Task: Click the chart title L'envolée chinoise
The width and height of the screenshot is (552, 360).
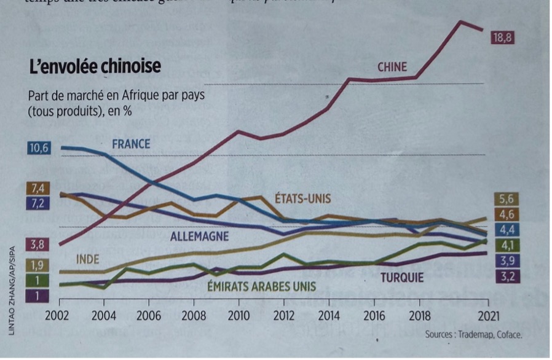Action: [95, 66]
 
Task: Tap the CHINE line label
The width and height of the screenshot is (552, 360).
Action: [392, 66]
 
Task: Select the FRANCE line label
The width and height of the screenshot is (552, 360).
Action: [131, 144]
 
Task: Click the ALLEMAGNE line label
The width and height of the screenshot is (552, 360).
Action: [199, 236]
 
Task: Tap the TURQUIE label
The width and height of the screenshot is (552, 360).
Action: [402, 278]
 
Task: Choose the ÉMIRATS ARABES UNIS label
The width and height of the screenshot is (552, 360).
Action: [261, 286]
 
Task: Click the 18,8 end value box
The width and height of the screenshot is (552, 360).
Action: [502, 38]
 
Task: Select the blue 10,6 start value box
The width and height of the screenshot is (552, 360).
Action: [38, 147]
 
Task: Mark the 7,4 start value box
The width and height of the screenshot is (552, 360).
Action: [37, 189]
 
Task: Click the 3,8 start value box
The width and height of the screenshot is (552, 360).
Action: [37, 245]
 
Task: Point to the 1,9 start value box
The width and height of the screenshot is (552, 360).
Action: [37, 265]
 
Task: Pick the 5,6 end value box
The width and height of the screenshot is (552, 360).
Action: [506, 198]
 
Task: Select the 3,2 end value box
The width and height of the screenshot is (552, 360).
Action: [506, 277]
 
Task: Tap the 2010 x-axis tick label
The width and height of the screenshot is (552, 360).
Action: [238, 315]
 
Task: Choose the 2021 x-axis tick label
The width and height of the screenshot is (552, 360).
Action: [487, 315]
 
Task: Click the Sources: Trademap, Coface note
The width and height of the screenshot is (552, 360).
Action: [473, 335]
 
